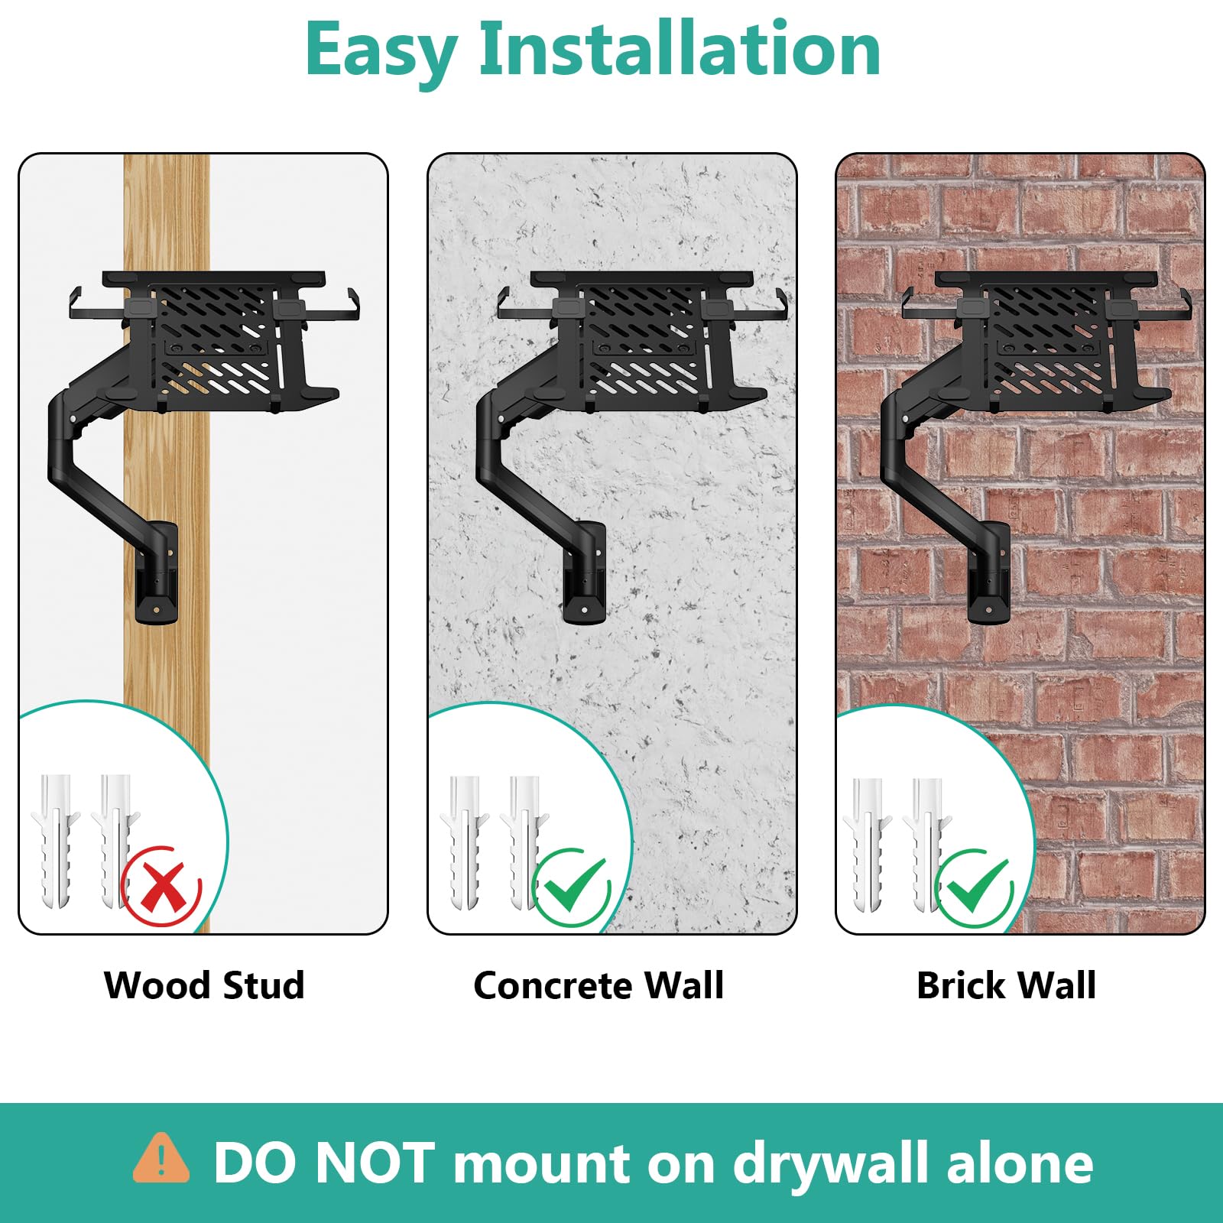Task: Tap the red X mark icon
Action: pos(161,885)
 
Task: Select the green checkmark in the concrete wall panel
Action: pos(572,887)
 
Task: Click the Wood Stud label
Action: pos(204,985)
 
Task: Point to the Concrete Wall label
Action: pos(599,985)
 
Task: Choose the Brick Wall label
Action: pos(1006,985)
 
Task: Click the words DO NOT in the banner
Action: pos(324,1163)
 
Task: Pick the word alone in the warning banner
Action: pos(1020,1163)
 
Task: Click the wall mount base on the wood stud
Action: pos(157,573)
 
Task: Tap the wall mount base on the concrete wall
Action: pos(585,573)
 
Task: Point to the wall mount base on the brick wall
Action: pos(989,573)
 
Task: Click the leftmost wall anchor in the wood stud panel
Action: pos(55,841)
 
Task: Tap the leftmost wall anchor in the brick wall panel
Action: pos(867,845)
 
